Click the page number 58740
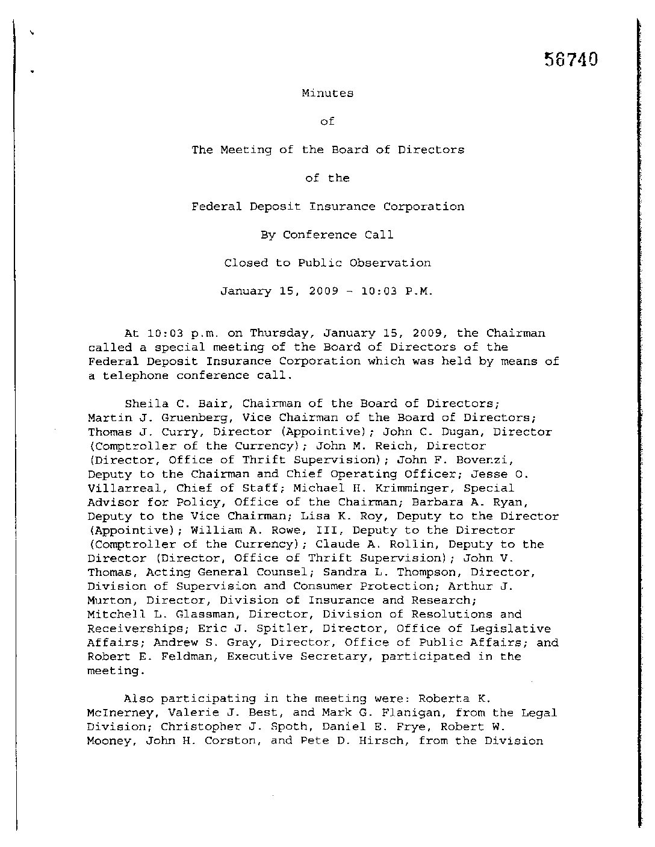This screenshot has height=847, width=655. tap(571, 60)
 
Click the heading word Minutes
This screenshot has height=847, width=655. tap(327, 93)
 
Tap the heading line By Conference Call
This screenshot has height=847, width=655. tap(327, 235)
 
